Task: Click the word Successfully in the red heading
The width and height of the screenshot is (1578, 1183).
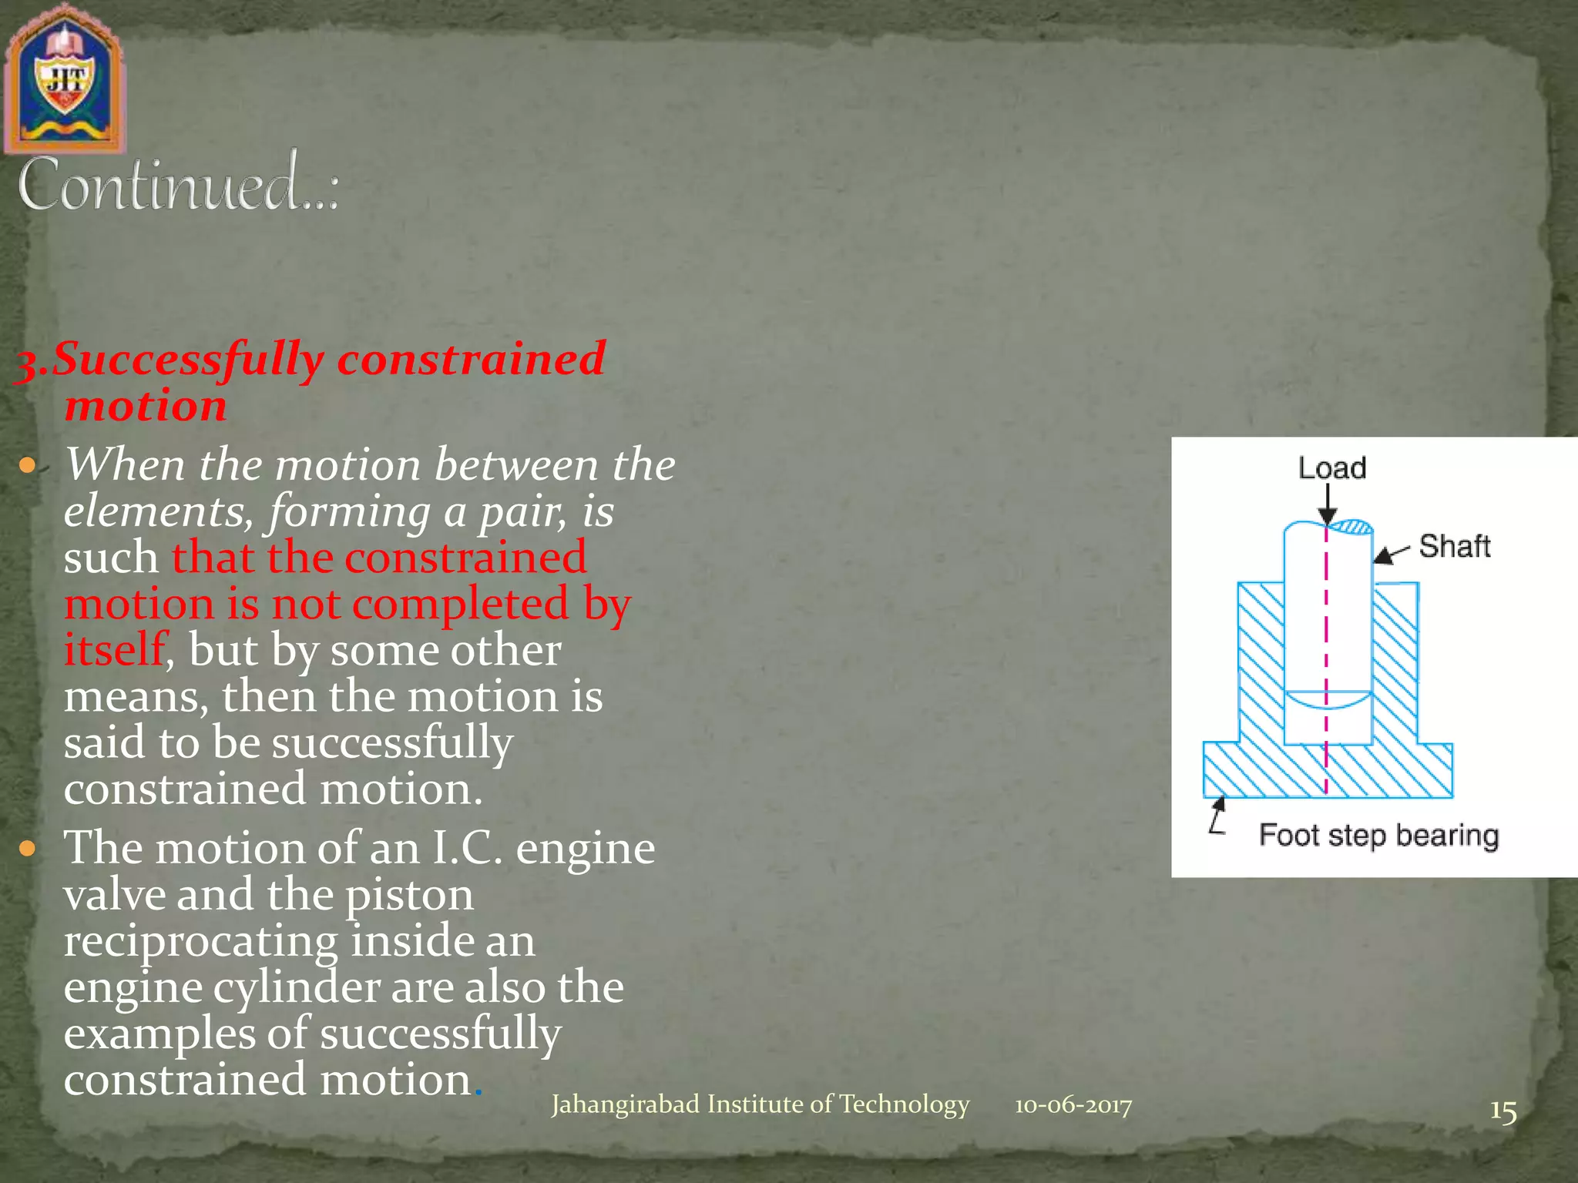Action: pos(188,360)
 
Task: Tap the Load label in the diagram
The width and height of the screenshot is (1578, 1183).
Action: pos(1331,468)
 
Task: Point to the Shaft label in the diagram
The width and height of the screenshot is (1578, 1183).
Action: pos(1454,546)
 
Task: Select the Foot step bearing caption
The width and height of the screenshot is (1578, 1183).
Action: pos(1378,836)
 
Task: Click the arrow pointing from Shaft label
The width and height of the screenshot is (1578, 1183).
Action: pos(1392,554)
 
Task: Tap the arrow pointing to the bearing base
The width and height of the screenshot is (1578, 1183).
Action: pos(1217,815)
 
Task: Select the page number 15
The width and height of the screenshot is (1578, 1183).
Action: pos(1502,1111)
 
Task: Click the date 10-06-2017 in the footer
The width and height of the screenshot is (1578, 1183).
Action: pos(1073,1106)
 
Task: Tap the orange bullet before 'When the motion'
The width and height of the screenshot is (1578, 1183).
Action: pos(28,465)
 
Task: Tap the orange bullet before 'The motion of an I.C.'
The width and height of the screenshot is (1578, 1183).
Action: pos(28,849)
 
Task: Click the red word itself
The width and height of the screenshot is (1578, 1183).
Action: pos(114,649)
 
